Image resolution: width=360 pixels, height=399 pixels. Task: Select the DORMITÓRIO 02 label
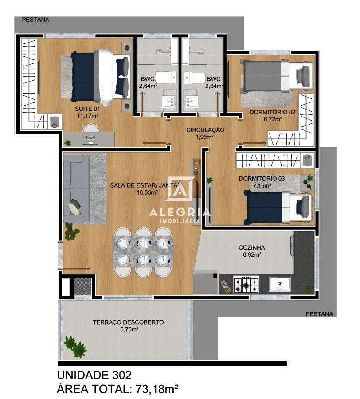[272, 112]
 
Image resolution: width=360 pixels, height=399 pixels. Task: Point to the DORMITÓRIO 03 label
[262, 179]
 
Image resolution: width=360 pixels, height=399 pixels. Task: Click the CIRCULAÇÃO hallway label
[205, 130]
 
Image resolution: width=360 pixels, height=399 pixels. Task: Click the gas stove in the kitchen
[247, 284]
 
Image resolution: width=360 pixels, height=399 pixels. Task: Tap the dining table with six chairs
[143, 252]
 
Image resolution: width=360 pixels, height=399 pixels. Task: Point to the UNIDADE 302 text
[94, 375]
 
